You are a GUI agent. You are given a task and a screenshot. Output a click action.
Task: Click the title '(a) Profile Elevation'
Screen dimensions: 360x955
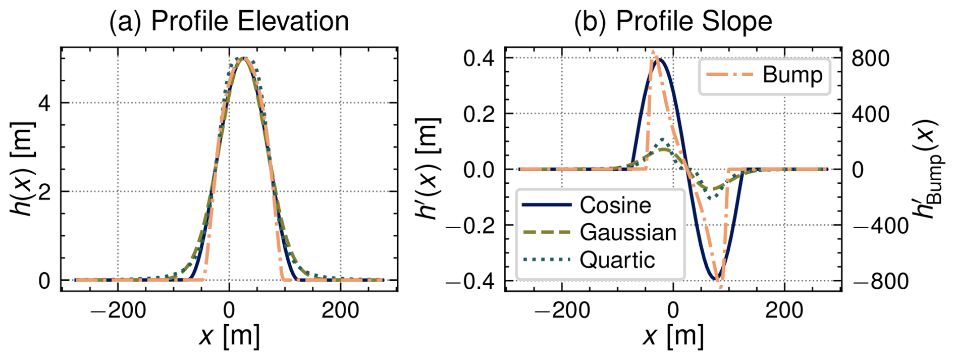click(229, 21)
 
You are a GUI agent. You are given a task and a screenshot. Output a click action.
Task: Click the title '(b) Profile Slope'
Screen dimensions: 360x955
click(673, 21)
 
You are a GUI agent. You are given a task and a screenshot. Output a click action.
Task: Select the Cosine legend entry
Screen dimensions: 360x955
click(615, 205)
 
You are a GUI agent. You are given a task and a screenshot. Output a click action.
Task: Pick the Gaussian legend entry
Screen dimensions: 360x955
click(627, 232)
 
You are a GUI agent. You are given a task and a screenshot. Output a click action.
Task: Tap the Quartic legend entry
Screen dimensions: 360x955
click(617, 260)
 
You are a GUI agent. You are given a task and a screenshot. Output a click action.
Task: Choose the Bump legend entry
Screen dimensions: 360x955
click(792, 75)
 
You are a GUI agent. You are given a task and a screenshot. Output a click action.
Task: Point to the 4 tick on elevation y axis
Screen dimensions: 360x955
click(44, 103)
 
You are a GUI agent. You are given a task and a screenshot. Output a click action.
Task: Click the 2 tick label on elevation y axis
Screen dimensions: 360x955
click(44, 192)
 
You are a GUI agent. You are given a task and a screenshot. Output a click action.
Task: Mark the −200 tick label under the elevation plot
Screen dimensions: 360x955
click(118, 310)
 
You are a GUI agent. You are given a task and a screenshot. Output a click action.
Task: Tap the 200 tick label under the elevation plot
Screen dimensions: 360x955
click(340, 310)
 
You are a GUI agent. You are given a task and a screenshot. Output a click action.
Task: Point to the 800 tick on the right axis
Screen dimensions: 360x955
click(870, 58)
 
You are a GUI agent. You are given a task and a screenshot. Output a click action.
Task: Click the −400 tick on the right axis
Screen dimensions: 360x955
click(880, 226)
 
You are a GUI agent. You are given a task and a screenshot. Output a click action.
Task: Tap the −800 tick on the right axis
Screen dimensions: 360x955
click(880, 281)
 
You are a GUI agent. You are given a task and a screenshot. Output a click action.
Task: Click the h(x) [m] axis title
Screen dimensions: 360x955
click(23, 169)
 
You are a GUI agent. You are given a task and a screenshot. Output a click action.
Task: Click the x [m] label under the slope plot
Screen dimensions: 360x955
click(673, 335)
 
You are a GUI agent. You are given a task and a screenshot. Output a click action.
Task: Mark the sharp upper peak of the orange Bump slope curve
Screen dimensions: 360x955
click(653, 52)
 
